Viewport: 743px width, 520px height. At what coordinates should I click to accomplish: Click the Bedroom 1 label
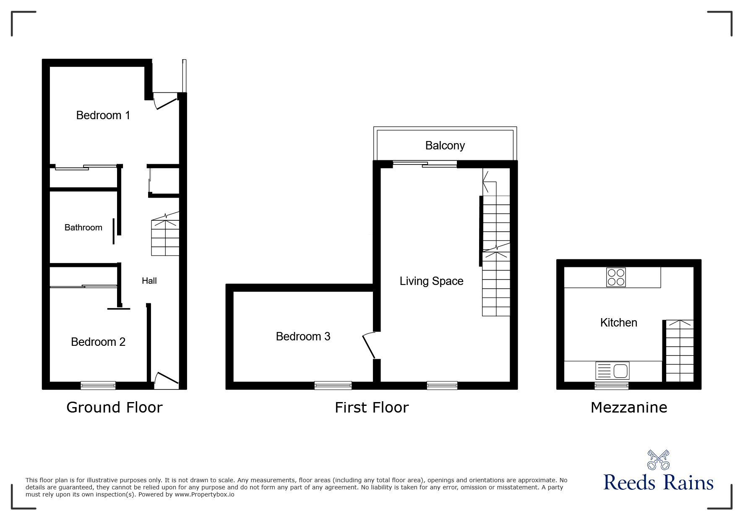pyautogui.click(x=103, y=115)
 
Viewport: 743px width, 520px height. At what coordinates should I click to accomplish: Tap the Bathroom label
pyautogui.click(x=83, y=227)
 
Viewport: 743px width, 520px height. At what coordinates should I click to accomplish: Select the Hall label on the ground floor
pyautogui.click(x=149, y=281)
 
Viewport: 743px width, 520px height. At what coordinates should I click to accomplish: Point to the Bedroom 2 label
pyautogui.click(x=98, y=342)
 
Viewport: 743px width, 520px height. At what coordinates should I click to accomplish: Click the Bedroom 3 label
pyautogui.click(x=303, y=337)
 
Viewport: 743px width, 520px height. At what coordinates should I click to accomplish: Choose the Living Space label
pyautogui.click(x=431, y=281)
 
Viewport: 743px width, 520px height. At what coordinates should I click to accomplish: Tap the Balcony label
pyautogui.click(x=445, y=146)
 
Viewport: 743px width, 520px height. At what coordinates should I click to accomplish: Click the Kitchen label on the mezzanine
pyautogui.click(x=618, y=323)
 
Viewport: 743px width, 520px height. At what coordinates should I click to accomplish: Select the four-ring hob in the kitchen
pyautogui.click(x=616, y=277)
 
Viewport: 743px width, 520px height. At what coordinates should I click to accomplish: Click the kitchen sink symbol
pyautogui.click(x=612, y=371)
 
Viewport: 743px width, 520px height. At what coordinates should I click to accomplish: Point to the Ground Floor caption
pyautogui.click(x=114, y=408)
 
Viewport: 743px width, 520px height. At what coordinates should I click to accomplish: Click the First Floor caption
pyautogui.click(x=371, y=408)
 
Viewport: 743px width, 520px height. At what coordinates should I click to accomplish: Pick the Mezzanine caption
pyautogui.click(x=628, y=408)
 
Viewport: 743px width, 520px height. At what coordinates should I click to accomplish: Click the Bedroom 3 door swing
pyautogui.click(x=368, y=345)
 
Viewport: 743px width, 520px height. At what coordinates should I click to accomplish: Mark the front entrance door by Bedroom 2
pyautogui.click(x=167, y=379)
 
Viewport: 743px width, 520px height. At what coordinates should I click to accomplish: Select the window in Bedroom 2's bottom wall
pyautogui.click(x=98, y=385)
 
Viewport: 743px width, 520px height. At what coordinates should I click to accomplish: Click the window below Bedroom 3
pyautogui.click(x=333, y=385)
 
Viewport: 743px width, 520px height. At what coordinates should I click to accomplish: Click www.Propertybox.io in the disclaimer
pyautogui.click(x=204, y=494)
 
